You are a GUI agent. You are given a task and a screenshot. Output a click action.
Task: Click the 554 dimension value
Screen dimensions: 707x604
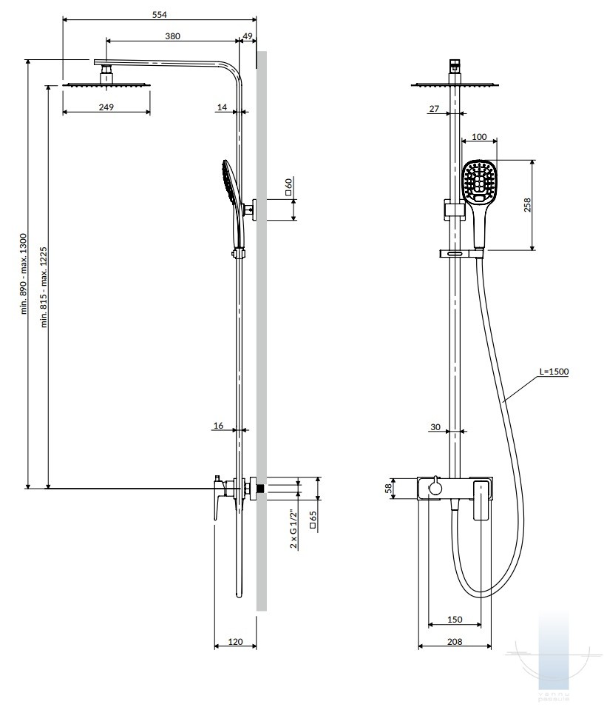159,15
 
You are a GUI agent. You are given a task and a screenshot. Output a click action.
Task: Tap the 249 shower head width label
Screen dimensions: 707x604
106,107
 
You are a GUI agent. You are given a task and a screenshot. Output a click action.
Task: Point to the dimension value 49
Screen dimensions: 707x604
248,36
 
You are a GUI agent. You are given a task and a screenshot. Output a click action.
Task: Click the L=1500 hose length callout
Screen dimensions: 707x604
554,372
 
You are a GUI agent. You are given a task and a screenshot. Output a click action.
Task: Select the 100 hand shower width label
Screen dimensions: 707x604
479,137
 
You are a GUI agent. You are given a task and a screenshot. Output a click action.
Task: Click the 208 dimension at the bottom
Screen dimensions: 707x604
455,641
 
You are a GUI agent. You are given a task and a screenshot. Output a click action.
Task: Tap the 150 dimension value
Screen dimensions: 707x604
455,619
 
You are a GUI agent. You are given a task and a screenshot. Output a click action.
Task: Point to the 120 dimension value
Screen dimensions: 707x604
235,641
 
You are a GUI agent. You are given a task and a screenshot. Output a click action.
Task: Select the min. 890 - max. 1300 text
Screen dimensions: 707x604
24,274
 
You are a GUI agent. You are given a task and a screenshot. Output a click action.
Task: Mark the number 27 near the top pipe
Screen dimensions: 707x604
434,109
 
